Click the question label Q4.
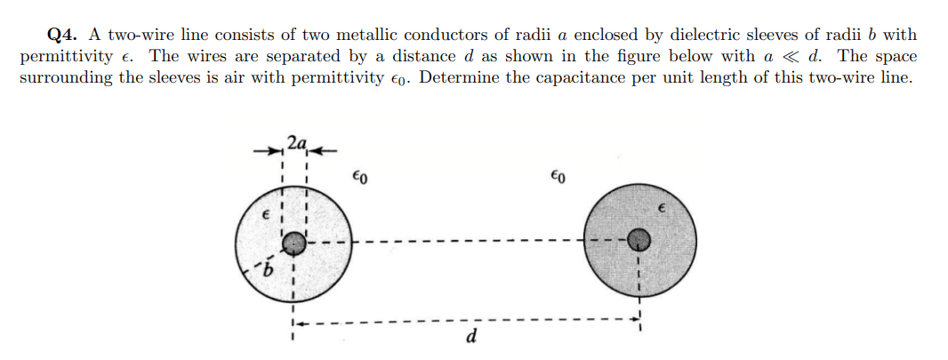tap(62, 36)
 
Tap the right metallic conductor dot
tap(638, 238)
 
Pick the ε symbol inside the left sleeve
tap(263, 216)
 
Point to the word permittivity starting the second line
tap(60, 56)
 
